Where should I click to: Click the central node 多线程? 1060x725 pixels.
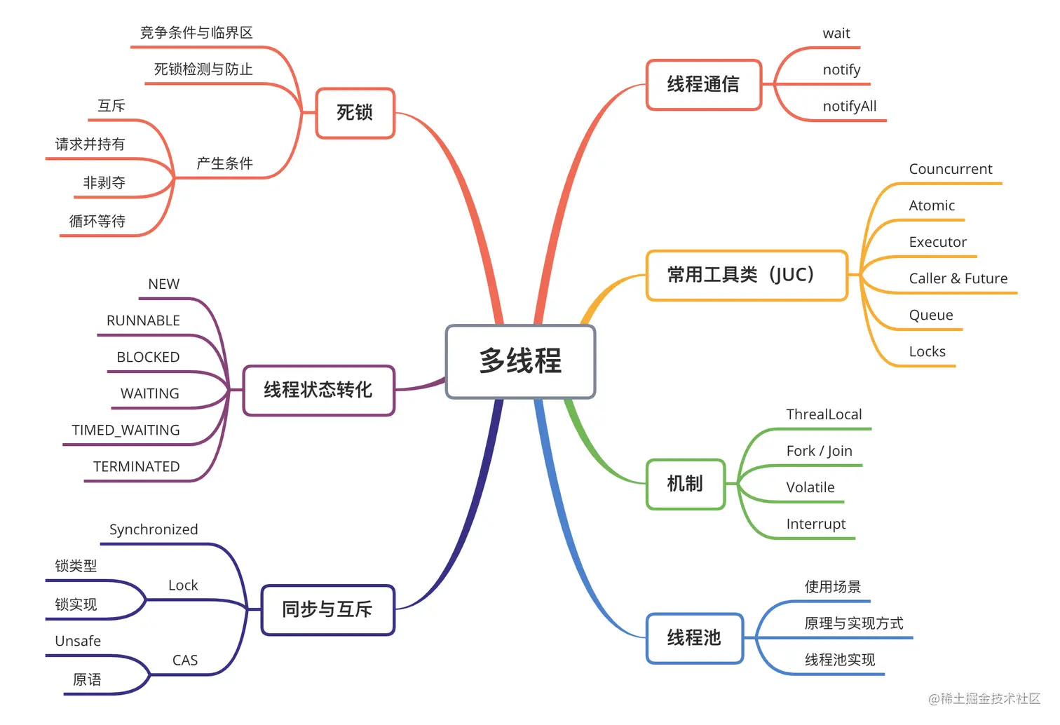520,362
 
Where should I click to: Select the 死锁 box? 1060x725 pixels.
355,113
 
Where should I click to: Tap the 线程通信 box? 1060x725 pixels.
703,85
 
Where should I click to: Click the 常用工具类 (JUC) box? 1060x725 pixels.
746,275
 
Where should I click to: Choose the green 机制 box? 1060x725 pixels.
685,484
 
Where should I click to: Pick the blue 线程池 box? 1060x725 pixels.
694,638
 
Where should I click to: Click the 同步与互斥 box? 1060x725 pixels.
327,610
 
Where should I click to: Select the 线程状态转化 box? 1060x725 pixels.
318,391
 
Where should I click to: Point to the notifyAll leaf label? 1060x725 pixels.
850,107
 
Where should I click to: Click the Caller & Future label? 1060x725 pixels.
958,279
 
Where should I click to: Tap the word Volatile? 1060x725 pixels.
810,488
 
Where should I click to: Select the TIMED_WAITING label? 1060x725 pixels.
126,431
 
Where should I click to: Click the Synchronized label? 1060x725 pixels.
154,530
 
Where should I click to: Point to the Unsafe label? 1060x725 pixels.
78,642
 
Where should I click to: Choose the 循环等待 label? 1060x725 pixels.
97,222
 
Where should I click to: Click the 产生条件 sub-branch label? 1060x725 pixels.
224,163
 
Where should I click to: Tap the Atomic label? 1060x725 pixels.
932,206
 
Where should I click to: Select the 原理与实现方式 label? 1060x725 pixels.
854,623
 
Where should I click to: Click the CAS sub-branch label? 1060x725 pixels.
185,660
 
